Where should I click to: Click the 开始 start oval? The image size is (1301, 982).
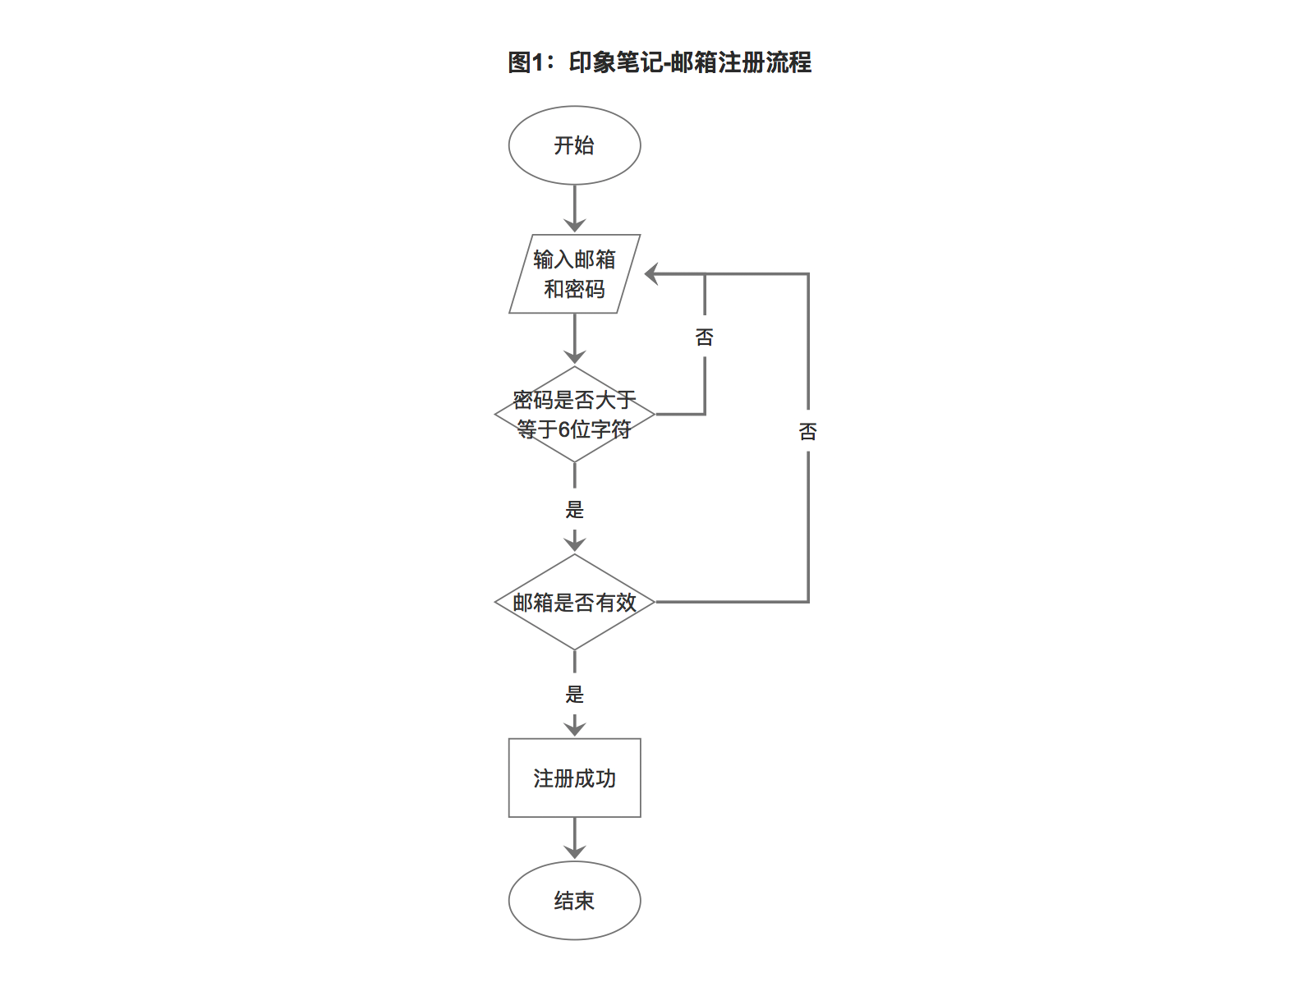point(574,145)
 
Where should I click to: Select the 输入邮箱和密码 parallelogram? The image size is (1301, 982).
point(574,274)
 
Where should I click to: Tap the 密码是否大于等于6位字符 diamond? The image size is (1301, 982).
point(574,415)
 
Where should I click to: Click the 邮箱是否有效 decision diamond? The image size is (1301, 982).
point(574,602)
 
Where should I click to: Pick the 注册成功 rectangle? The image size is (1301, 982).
point(574,778)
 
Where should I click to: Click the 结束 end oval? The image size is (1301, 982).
point(574,901)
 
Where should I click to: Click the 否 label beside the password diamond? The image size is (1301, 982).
point(705,337)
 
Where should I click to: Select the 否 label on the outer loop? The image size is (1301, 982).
point(808,432)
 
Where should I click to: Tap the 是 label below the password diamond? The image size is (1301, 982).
point(574,510)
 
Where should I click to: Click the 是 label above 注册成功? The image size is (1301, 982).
point(574,695)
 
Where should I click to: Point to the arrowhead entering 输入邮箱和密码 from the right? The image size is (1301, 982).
point(651,274)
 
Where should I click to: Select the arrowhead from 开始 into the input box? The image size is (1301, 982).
point(574,225)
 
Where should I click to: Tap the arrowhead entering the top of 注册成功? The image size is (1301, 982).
point(574,728)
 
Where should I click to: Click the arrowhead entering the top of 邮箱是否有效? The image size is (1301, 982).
point(574,544)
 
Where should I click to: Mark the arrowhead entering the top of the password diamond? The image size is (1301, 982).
point(574,356)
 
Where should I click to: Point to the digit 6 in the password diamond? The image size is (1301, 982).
point(564,429)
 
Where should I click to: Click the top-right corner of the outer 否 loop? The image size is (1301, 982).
point(808,274)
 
